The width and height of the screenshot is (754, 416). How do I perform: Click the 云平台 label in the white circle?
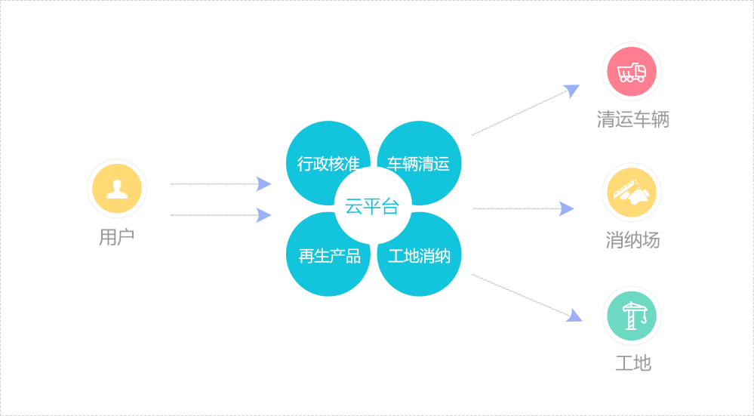tap(371, 207)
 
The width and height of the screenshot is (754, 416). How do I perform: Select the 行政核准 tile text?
tap(328, 164)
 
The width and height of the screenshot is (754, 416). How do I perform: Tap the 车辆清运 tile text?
tap(418, 164)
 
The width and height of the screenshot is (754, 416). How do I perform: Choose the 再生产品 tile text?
tap(329, 256)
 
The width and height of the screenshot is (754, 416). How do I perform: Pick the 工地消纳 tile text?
tap(419, 256)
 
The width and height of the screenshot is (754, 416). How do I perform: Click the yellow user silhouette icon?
tap(117, 189)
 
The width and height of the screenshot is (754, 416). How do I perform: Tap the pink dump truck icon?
tap(632, 72)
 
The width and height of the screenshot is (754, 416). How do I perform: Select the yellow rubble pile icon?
tap(632, 193)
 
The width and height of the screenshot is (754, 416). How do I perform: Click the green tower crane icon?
tap(632, 316)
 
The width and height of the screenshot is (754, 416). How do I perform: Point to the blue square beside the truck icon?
tap(571, 92)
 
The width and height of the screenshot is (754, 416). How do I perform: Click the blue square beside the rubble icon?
tap(567, 208)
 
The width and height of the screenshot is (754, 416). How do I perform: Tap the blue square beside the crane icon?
tap(574, 315)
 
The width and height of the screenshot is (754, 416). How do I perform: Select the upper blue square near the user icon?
tap(263, 184)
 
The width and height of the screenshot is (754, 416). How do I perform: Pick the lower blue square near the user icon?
tap(263, 215)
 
